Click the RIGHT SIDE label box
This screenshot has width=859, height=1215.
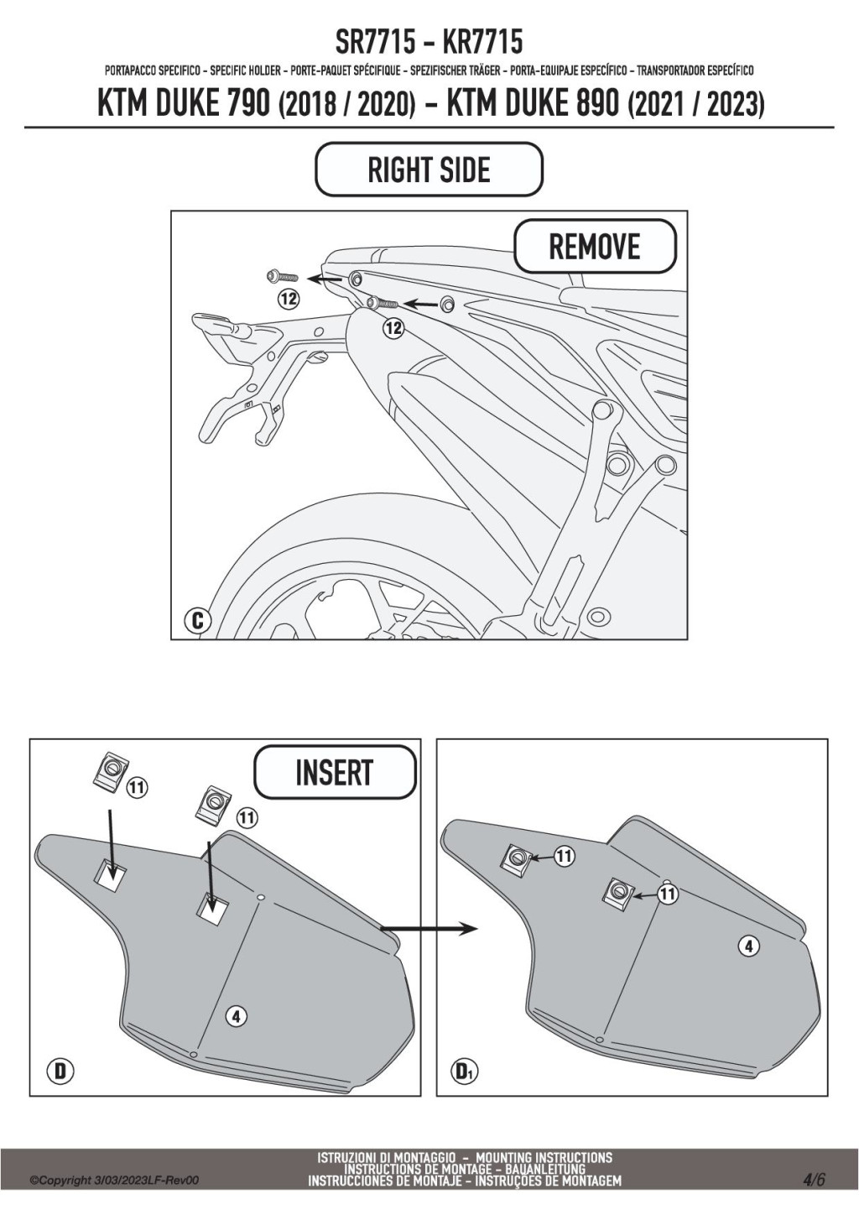click(429, 170)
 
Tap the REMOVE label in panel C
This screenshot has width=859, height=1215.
click(594, 247)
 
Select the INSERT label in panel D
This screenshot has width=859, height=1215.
click(334, 772)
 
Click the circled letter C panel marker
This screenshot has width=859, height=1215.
click(197, 621)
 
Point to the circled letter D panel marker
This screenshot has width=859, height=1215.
click(60, 1071)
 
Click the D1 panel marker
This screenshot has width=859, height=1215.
click(465, 1071)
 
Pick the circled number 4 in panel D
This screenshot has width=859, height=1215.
click(237, 1016)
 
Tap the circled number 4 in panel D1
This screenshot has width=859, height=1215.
click(748, 946)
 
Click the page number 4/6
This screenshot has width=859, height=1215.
click(813, 1179)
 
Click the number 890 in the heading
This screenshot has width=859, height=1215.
click(596, 104)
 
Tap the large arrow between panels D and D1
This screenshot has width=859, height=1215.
click(428, 928)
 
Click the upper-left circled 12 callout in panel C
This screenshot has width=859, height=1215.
click(289, 298)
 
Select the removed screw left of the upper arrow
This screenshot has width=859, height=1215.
click(281, 275)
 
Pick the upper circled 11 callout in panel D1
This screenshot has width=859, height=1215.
click(565, 857)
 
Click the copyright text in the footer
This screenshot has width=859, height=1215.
click(114, 1181)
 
